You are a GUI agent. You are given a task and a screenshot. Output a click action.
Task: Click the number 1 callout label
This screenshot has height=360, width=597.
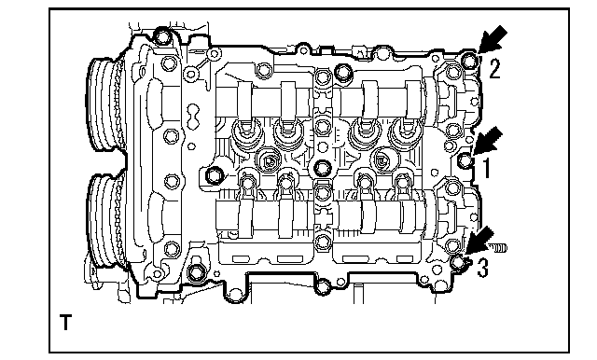[x=486, y=168]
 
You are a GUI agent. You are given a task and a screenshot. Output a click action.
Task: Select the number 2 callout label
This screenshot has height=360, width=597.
[x=494, y=68]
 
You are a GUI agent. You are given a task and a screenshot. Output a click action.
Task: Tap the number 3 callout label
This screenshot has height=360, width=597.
[x=482, y=268]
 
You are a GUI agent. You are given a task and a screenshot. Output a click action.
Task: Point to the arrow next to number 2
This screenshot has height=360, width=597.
[x=493, y=39]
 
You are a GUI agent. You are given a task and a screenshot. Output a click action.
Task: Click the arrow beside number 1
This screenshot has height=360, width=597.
[x=487, y=141]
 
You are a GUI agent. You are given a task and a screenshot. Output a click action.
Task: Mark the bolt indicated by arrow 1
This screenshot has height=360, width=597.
[x=465, y=160]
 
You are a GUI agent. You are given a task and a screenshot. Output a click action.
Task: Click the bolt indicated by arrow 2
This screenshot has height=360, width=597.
[x=469, y=61]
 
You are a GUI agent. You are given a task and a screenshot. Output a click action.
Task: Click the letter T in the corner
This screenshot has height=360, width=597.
[x=66, y=322]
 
